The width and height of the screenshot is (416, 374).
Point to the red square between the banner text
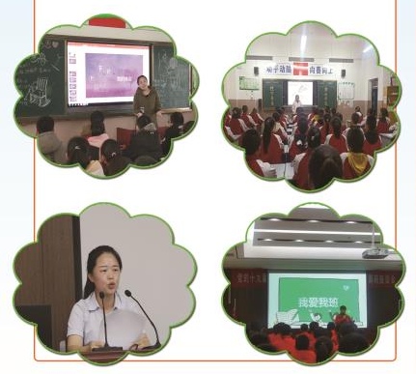coord(300,68)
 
